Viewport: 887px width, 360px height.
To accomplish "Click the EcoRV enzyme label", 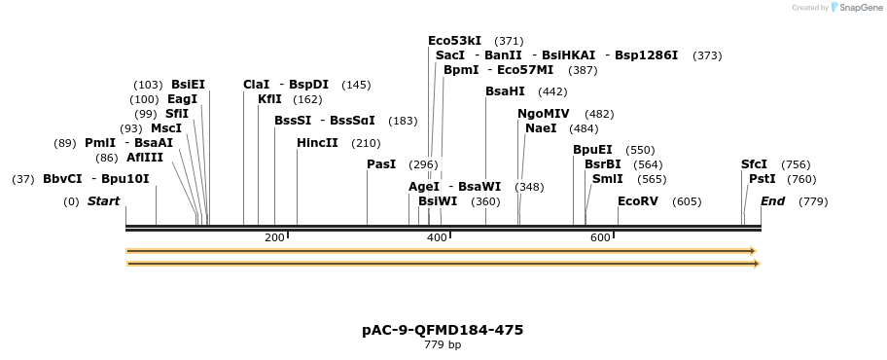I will tap(638, 201).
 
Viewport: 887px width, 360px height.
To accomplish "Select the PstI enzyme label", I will tap(763, 179).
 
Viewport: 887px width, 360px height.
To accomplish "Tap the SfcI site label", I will tap(754, 164).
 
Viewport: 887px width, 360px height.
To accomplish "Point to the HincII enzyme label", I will tap(317, 143).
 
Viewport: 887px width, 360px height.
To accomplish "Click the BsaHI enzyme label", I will tap(505, 91).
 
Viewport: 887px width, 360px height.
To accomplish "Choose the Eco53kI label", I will tap(454, 41).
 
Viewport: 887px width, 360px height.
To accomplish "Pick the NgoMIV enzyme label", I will tap(544, 114).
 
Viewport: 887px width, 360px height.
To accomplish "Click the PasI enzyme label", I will tap(381, 164).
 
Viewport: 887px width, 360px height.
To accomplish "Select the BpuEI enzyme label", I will tap(592, 150).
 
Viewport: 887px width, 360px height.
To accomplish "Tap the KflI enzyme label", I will tap(269, 99).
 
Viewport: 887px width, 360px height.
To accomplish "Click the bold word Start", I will tap(103, 201).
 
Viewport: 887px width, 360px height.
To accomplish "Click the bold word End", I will tap(772, 201).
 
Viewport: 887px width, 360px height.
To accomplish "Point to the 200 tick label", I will tap(274, 238).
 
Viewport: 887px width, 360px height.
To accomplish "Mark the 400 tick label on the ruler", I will tap(437, 238).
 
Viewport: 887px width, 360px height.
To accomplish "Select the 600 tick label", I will tap(600, 238).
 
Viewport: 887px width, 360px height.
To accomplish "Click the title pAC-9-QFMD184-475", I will tap(443, 330).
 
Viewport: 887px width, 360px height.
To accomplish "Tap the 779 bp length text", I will tap(443, 344).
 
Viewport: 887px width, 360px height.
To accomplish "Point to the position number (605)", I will tap(687, 201).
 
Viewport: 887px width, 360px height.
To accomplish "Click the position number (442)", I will tap(552, 91).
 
